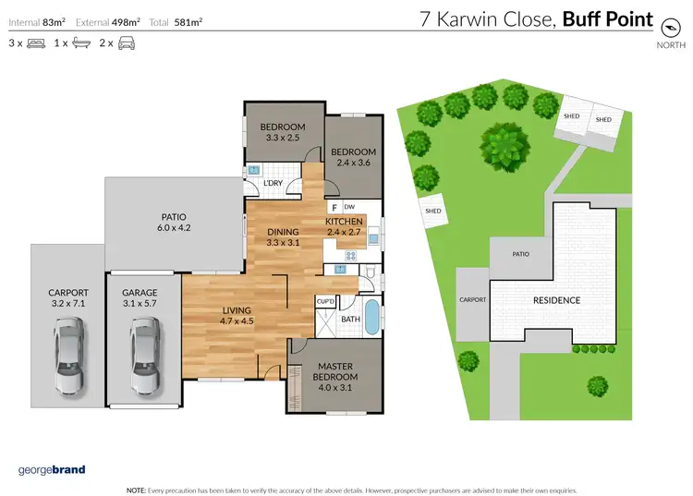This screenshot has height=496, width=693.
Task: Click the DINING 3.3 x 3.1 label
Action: pos(283,237)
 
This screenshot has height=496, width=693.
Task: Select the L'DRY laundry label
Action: pos(273,185)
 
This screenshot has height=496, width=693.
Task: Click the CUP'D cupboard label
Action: pos(325,301)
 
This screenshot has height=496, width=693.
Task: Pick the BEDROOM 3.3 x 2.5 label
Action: pos(282,132)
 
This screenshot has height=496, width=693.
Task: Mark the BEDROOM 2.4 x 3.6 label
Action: pos(354,157)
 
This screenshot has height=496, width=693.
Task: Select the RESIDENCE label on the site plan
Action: pos(556,300)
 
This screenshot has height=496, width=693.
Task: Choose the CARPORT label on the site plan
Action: pos(472,300)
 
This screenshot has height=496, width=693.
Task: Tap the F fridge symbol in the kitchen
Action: pos(334,207)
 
